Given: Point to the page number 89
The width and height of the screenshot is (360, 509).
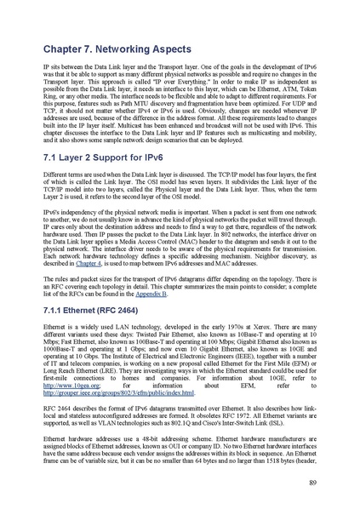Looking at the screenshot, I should coord(312,483).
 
